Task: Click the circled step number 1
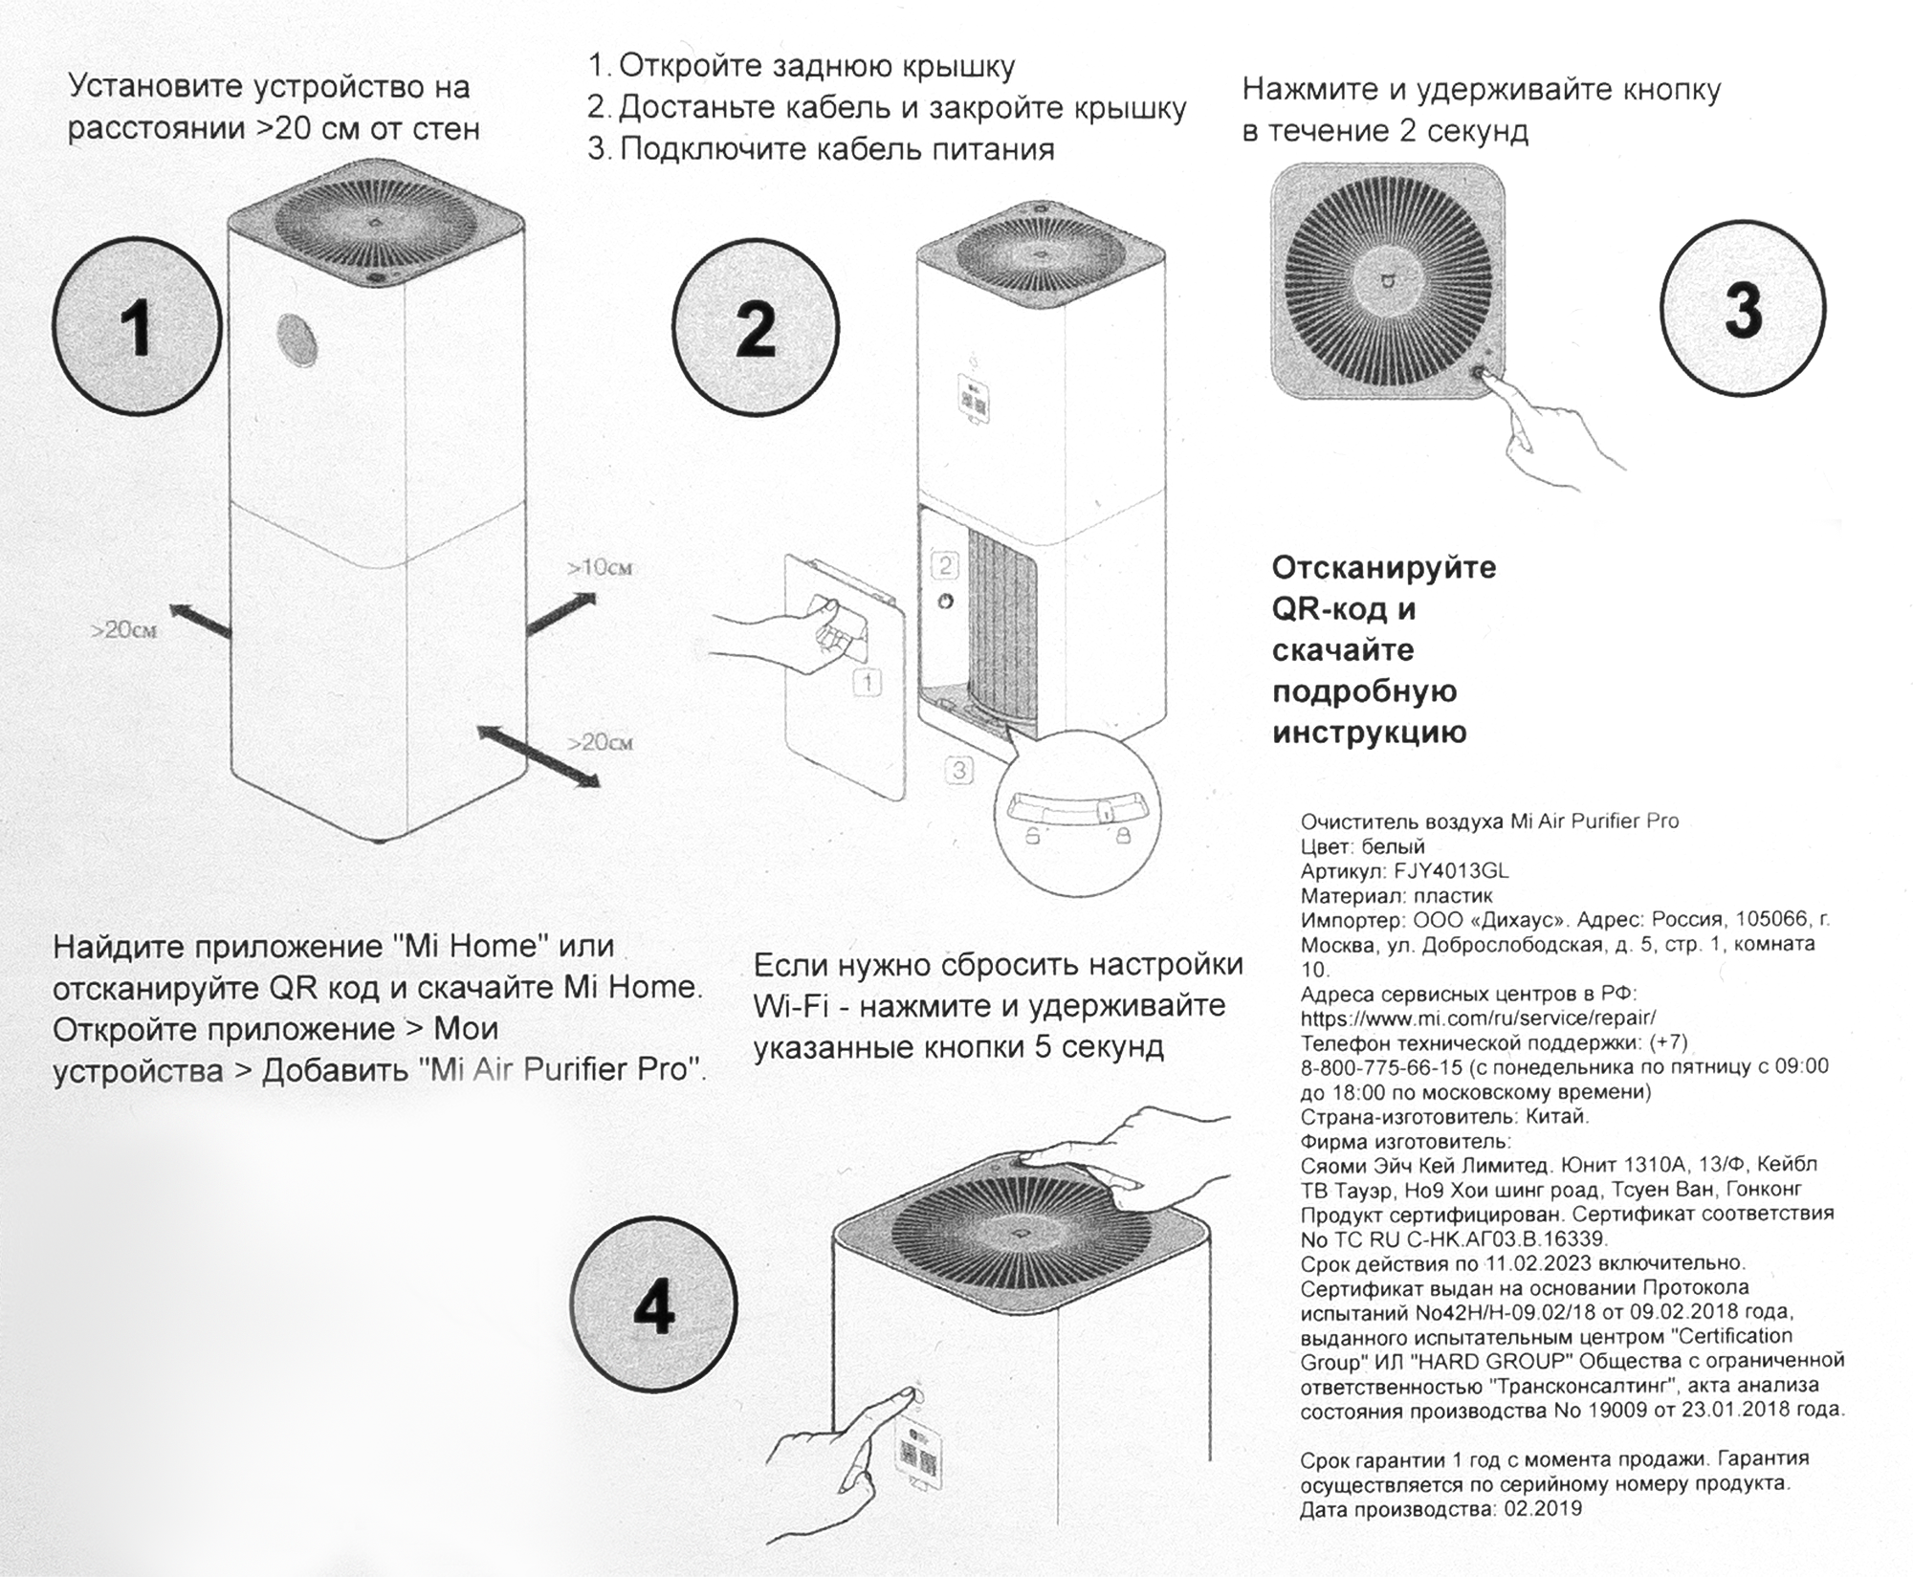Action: click(x=137, y=327)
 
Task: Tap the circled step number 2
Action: click(x=756, y=327)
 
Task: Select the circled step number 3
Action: click(x=1743, y=309)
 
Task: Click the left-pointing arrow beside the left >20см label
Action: click(x=201, y=621)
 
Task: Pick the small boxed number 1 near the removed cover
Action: click(x=867, y=682)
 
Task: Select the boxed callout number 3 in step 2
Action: click(x=959, y=769)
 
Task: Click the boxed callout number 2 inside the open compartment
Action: click(x=945, y=565)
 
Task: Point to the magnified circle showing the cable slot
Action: click(x=1077, y=813)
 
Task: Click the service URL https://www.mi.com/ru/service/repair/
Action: click(x=1478, y=1018)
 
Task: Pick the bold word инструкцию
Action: click(x=1369, y=733)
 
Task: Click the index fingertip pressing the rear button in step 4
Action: click(x=898, y=1398)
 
